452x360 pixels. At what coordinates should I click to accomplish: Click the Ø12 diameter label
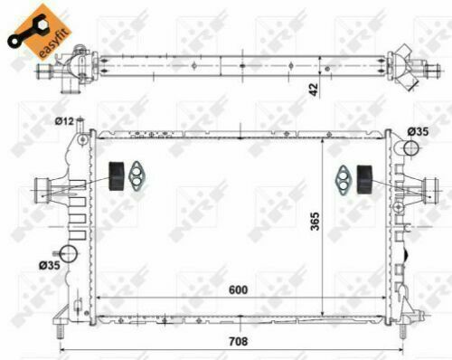click(x=64, y=121)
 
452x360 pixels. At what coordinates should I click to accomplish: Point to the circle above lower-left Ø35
click(x=68, y=254)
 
